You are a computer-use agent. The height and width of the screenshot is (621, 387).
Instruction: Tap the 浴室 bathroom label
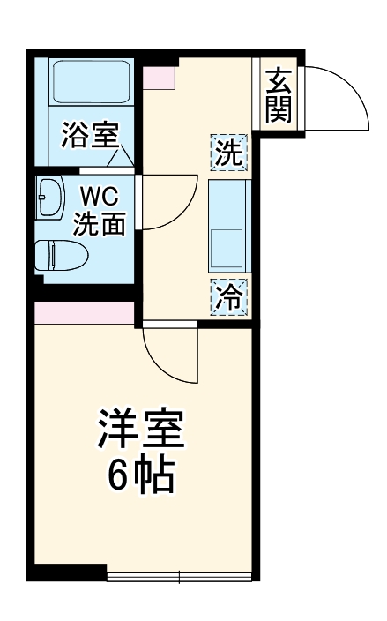pos(90,136)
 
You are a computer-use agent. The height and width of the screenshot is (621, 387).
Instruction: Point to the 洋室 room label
pos(141,430)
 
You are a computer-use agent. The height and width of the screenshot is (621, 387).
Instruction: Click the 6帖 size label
pos(141,475)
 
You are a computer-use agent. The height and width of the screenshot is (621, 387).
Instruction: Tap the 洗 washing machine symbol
pos(229,153)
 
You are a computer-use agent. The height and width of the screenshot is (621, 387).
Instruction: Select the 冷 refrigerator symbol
pos(229,296)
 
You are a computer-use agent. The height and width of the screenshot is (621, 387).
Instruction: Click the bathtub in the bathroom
pos(91,82)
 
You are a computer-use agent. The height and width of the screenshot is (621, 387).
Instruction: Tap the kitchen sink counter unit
pos(229,225)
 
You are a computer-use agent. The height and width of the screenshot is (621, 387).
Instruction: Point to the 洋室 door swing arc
pos(170,353)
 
